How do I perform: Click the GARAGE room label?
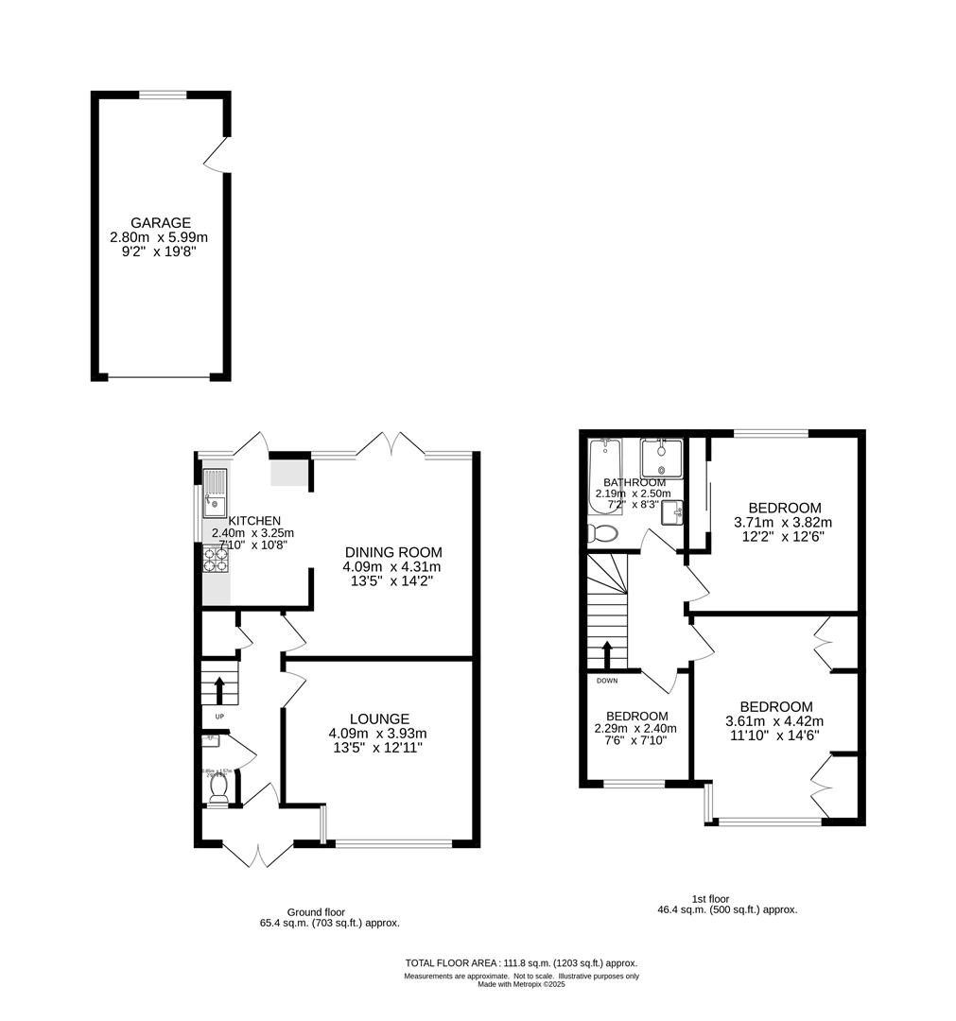tap(161, 223)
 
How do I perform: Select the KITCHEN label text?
tap(254, 520)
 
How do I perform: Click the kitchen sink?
tap(215, 493)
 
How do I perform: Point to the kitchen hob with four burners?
tap(216, 560)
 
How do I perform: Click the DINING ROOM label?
tap(392, 552)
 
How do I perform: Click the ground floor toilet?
tap(219, 790)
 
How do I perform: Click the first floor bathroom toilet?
tap(602, 534)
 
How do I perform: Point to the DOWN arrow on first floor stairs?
tap(607, 654)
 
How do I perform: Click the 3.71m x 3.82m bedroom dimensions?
tap(784, 522)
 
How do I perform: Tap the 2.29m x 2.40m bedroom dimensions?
tap(636, 729)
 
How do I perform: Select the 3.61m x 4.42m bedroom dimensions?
tap(775, 721)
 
